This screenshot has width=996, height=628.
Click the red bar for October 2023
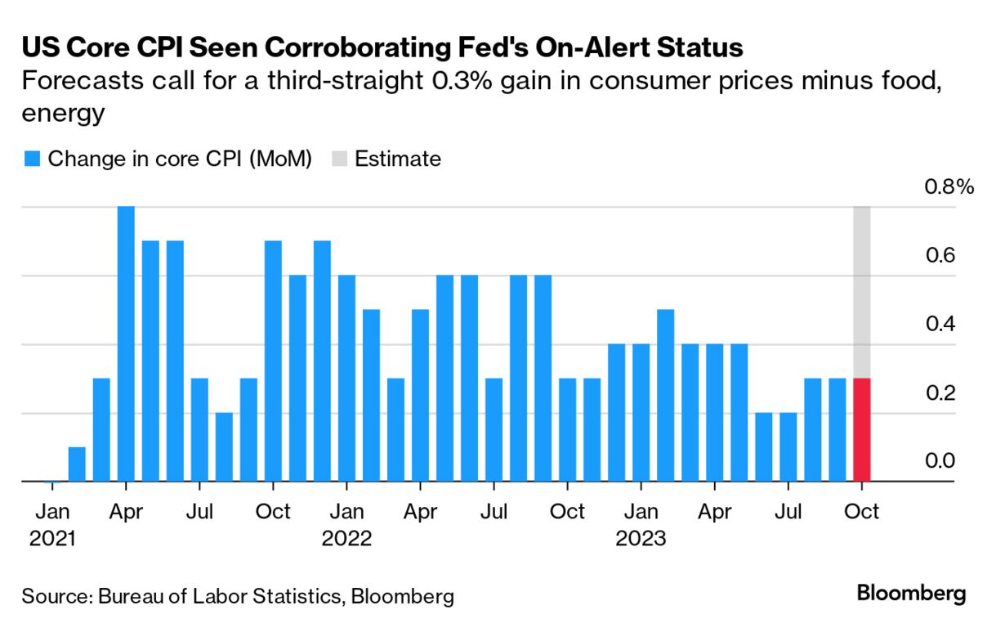click(x=861, y=430)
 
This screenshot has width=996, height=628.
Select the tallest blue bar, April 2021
click(x=126, y=343)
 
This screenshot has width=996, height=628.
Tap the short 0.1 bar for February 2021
click(x=77, y=464)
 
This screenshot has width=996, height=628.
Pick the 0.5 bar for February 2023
click(x=665, y=396)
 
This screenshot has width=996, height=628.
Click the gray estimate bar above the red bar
click(x=861, y=292)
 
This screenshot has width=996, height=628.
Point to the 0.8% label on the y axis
click(x=949, y=186)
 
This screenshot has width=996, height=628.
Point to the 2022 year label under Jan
click(x=346, y=539)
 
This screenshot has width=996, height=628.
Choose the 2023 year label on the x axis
click(x=641, y=539)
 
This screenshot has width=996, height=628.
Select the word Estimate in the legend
click(x=398, y=159)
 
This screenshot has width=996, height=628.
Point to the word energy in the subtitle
click(x=63, y=113)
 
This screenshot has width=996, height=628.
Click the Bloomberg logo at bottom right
click(x=911, y=594)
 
